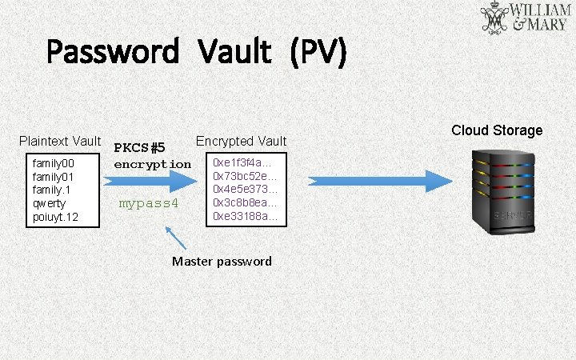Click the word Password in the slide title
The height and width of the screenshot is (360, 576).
click(x=112, y=53)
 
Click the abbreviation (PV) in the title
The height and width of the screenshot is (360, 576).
click(x=318, y=53)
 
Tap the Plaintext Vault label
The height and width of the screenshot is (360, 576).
click(x=60, y=142)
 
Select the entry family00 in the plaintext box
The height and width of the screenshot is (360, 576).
click(x=53, y=163)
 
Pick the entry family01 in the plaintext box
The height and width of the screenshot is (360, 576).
click(x=53, y=176)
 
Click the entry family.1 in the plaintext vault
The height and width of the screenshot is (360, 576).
click(x=52, y=190)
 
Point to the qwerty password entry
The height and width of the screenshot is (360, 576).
click(x=50, y=203)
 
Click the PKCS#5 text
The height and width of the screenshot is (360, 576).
click(x=140, y=148)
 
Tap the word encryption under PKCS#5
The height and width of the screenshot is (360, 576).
click(x=153, y=164)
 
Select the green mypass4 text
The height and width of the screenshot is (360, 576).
click(x=148, y=203)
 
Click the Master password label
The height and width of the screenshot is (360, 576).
click(x=222, y=262)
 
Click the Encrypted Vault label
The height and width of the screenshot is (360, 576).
click(x=241, y=142)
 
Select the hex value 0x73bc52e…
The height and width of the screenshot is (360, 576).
click(x=245, y=176)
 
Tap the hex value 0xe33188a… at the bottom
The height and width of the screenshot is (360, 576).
click(x=245, y=216)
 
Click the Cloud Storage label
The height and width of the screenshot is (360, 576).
click(x=497, y=130)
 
